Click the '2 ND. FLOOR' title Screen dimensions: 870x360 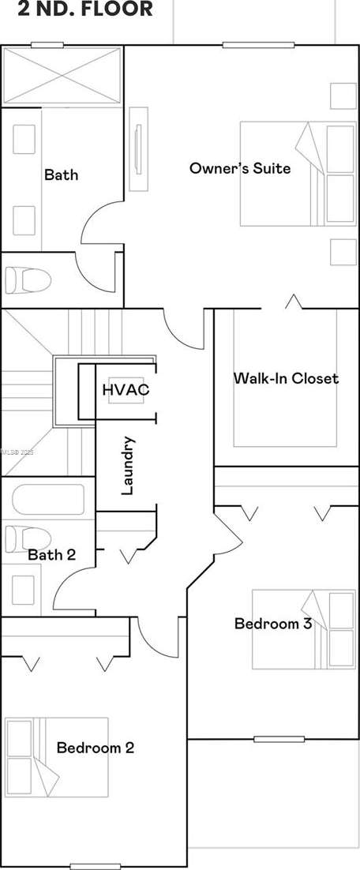coord(77,10)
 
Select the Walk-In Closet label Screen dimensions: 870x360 coord(285,378)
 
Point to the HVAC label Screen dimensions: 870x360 coord(126,389)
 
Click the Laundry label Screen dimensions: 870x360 coord(128,466)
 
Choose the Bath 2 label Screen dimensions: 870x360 coord(51,555)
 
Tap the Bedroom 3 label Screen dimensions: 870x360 coord(272,624)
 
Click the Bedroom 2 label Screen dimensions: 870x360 coord(95,748)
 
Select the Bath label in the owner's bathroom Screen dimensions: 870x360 coord(61,174)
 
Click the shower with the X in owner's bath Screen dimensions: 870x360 coord(62,77)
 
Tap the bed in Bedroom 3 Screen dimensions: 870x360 coord(303,628)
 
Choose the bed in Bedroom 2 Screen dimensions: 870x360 coord(55,756)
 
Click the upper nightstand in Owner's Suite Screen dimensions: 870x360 coord(343,96)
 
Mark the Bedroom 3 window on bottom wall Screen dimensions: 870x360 coord(279,739)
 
